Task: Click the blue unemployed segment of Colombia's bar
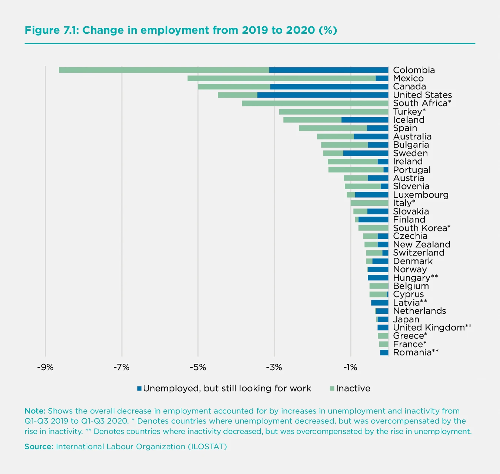click(329, 70)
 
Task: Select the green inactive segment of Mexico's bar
click(281, 78)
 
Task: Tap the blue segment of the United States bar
click(323, 95)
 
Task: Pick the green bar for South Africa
click(315, 103)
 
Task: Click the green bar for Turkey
click(333, 112)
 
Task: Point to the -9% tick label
click(45, 368)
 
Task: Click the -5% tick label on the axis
click(197, 368)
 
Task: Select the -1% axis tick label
click(350, 368)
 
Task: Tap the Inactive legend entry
click(353, 388)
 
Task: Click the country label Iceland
click(409, 120)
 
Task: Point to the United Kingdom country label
click(429, 327)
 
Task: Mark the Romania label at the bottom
click(412, 352)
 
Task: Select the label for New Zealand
click(421, 244)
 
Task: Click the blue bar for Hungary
click(378, 278)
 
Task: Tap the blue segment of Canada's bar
click(329, 87)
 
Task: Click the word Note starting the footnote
click(35, 411)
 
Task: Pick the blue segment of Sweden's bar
click(366, 153)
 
